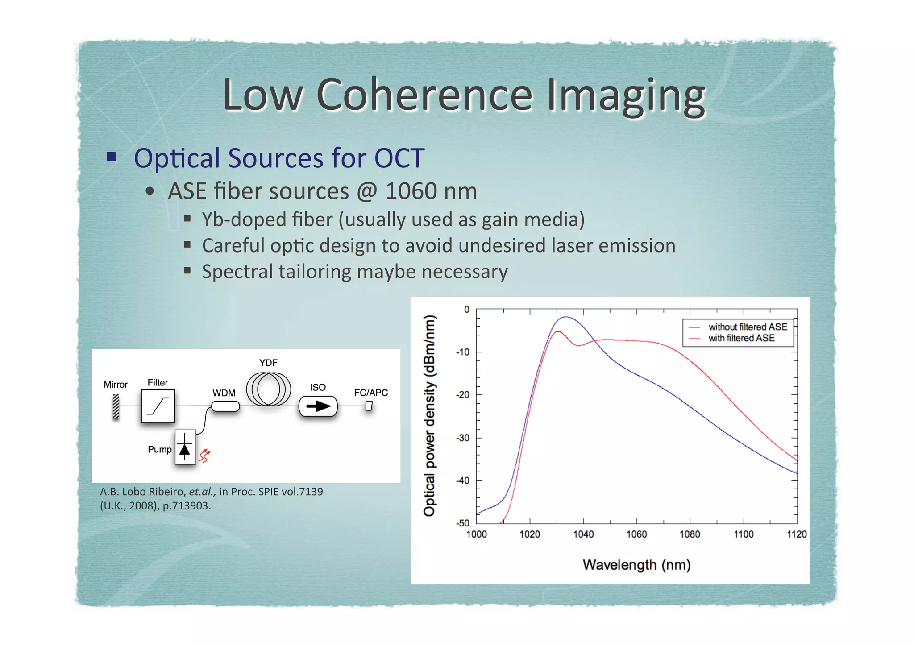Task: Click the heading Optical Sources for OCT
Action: tap(279, 158)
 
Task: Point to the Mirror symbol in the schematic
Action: tap(116, 406)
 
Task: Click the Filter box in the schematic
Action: tap(158, 406)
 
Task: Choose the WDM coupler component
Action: tap(225, 406)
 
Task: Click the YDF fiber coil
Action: tap(268, 389)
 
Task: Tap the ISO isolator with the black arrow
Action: tap(318, 406)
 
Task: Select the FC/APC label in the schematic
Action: tap(371, 393)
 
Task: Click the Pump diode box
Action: tap(185, 447)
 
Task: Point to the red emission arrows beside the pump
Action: tap(204, 456)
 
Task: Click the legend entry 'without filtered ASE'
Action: tap(748, 327)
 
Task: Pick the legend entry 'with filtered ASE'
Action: tap(741, 338)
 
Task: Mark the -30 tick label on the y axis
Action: tap(462, 438)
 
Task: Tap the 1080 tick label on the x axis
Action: tap(690, 534)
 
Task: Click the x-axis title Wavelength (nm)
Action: tap(636, 565)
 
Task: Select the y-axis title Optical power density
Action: tap(429, 415)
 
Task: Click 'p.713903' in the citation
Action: tap(187, 506)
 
